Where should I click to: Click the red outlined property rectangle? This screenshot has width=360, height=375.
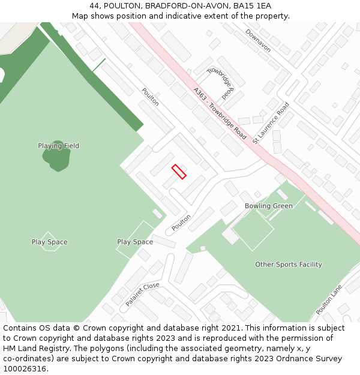tap(179, 172)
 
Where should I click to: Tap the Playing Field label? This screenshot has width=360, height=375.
tap(59, 146)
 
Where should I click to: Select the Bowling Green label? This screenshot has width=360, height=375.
tap(269, 206)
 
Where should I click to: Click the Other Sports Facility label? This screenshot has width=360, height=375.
tap(289, 265)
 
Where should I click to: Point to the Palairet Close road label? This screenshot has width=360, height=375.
tap(143, 294)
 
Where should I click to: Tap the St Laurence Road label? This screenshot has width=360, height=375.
tap(271, 123)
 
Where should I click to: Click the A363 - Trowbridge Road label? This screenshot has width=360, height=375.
tap(220, 113)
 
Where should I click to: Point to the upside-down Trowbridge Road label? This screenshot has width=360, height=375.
tap(220, 83)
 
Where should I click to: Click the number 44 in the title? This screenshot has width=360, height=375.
tap(95, 6)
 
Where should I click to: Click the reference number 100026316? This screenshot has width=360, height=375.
tap(24, 369)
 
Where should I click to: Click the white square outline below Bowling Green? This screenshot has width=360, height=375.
tap(253, 230)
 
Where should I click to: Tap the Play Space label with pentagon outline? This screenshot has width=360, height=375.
tap(50, 242)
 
